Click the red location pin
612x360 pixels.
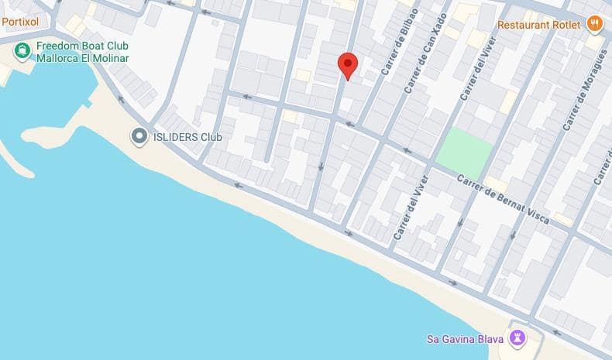[348, 65]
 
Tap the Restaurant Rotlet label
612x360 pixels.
[538, 24]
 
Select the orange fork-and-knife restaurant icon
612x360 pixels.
[594, 24]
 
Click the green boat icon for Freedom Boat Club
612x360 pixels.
[22, 52]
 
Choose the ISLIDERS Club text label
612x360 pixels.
[187, 138]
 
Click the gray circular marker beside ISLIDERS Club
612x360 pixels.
[139, 138]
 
